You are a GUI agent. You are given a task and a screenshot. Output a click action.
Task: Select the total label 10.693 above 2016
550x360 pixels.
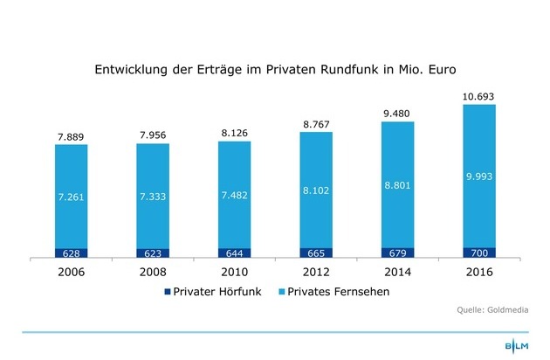coord(478,93)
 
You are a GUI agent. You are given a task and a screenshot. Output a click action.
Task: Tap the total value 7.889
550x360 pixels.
coord(71,135)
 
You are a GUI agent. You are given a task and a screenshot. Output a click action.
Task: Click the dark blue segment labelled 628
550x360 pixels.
coord(71,253)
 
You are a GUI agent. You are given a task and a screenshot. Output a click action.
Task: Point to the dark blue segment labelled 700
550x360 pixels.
coord(478,253)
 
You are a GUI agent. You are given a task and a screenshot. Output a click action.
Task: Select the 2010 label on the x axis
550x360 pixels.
coord(233,271)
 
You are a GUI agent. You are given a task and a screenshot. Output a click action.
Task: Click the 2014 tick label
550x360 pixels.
coord(396,271)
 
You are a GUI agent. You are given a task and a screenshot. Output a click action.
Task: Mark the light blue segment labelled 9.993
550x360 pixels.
coord(478,175)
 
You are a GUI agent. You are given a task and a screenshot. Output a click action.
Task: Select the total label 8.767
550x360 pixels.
coord(315,123)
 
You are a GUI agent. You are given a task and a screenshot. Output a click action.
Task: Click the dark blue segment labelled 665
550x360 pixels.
coord(315,253)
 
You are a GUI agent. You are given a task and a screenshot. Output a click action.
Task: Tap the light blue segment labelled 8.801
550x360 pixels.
coord(396,184)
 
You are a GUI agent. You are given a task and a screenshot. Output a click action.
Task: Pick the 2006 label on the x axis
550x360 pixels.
coord(71,271)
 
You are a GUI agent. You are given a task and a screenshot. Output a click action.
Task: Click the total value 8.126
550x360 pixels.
coord(233,132)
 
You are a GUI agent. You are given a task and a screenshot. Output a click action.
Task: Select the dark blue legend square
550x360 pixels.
coord(168,292)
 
